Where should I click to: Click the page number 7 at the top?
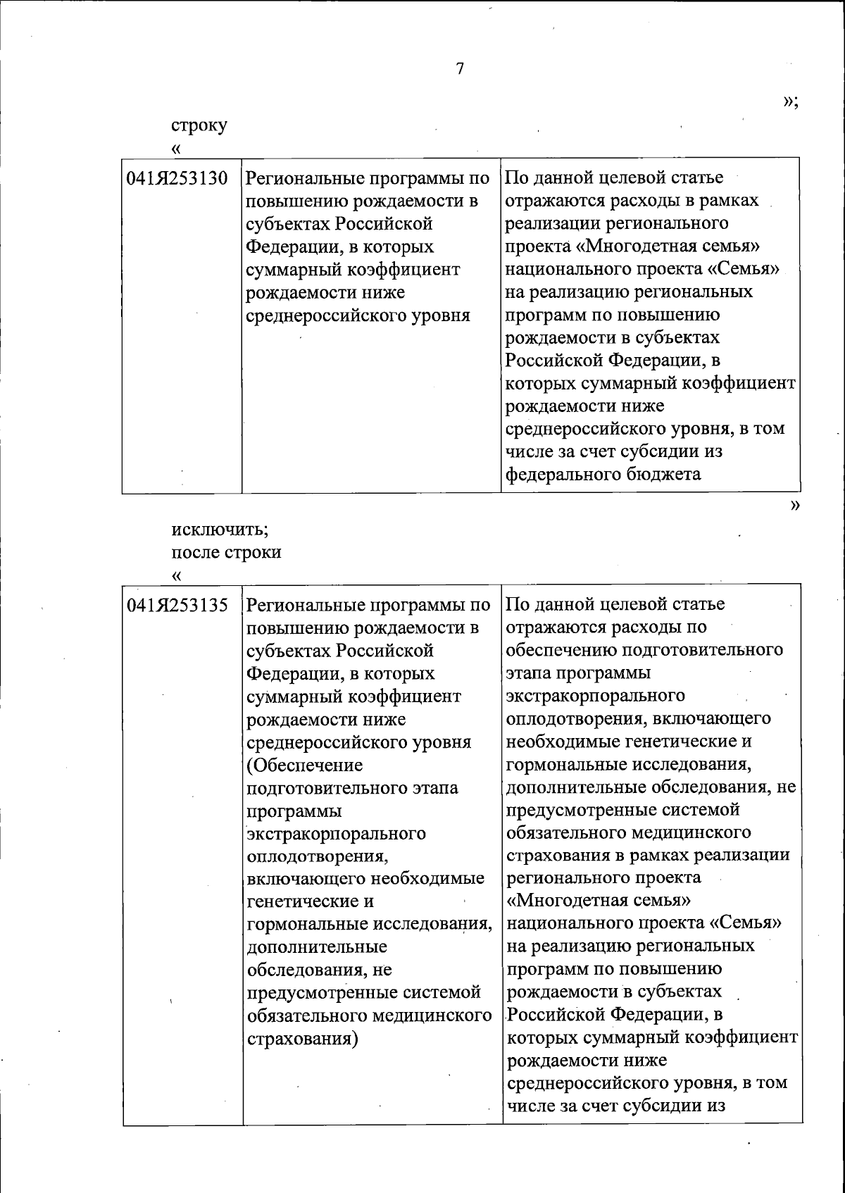(x=459, y=68)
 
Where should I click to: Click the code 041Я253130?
(x=177, y=178)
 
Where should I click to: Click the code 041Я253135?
(x=177, y=604)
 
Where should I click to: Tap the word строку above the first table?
(x=199, y=125)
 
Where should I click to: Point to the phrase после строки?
(x=226, y=551)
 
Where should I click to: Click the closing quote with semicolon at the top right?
(x=790, y=102)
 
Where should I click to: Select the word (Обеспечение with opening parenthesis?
(x=305, y=765)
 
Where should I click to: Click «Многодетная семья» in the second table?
(x=599, y=901)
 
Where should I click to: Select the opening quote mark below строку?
(x=176, y=149)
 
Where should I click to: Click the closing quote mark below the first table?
(x=796, y=505)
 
